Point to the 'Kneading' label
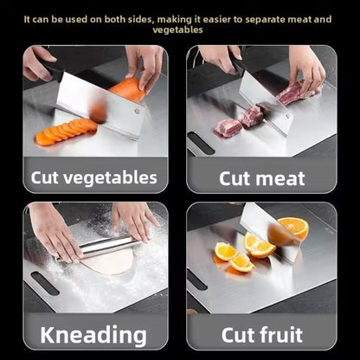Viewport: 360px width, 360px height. pyautogui.click(x=93, y=334)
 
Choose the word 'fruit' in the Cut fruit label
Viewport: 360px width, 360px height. pyautogui.click(x=285, y=334)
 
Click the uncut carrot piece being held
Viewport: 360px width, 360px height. pyautogui.click(x=127, y=90)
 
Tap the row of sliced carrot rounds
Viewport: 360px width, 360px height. pyautogui.click(x=65, y=132)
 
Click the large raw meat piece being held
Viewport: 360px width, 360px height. pyautogui.click(x=294, y=93)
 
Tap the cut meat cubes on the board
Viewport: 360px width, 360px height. pyautogui.click(x=237, y=122)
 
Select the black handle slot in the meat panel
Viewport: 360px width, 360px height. pyautogui.click(x=201, y=143)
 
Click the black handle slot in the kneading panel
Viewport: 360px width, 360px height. pyautogui.click(x=44, y=283)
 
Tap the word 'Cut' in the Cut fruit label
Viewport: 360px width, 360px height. pyautogui.click(x=235, y=334)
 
